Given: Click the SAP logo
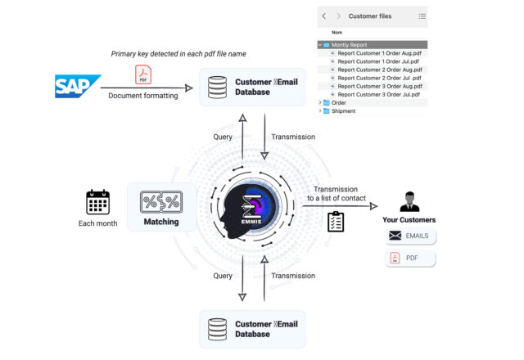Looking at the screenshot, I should pyautogui.click(x=77, y=85).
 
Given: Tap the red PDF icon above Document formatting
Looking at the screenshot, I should pyautogui.click(x=142, y=76).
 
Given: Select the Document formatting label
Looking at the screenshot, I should pyautogui.click(x=142, y=97).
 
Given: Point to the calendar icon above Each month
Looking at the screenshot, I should pyautogui.click(x=97, y=202).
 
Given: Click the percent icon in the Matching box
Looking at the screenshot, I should pyautogui.click(x=160, y=201).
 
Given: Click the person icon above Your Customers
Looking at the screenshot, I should pyautogui.click(x=409, y=201).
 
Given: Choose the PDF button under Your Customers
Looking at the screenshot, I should pyautogui.click(x=409, y=259).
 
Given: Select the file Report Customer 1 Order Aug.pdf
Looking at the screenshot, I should pyautogui.click(x=381, y=53).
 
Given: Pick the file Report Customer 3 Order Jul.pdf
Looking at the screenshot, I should pyautogui.click(x=380, y=94).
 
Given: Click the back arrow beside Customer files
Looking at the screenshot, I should pyautogui.click(x=324, y=16).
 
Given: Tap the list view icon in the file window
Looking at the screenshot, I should pyautogui.click(x=422, y=16).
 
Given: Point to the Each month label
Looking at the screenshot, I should pyautogui.click(x=97, y=223).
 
